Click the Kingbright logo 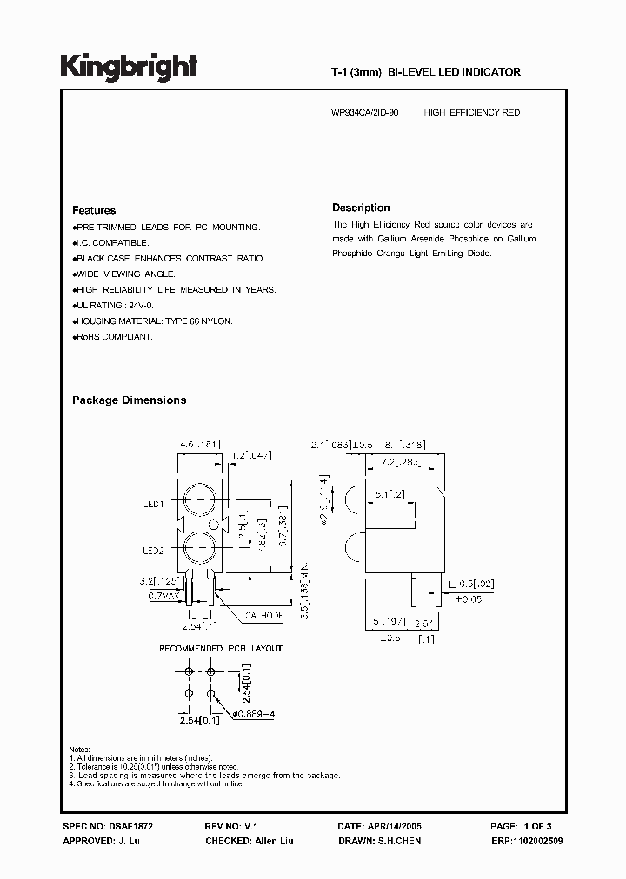tap(129, 67)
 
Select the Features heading tap(94, 210)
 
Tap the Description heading tap(361, 208)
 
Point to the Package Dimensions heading tap(129, 400)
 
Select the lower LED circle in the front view tap(201, 549)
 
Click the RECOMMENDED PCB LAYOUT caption tap(220, 648)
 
